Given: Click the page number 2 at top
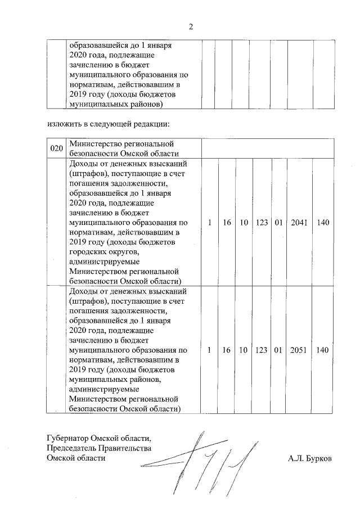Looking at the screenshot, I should click(x=191, y=26).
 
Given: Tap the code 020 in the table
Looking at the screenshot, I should click(x=56, y=148).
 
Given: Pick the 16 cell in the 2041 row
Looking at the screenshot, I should click(x=227, y=223).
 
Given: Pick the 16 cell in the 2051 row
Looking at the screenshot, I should click(x=227, y=350).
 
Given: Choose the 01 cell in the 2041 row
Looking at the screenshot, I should click(x=278, y=223).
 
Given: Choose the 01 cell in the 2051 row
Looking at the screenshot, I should click(x=278, y=350).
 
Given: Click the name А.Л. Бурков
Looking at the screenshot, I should click(x=309, y=458).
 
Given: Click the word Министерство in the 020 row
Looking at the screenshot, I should click(x=96, y=144).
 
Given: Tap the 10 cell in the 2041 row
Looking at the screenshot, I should click(x=244, y=223).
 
